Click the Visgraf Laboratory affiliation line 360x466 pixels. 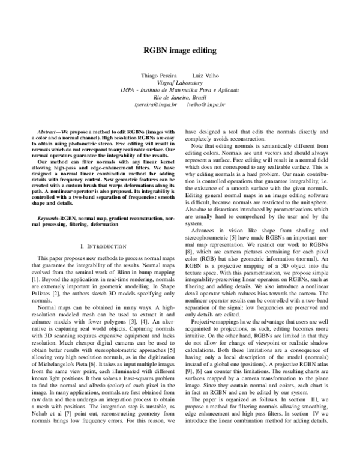[x=180, y=85]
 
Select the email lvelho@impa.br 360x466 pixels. [x=206, y=104]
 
